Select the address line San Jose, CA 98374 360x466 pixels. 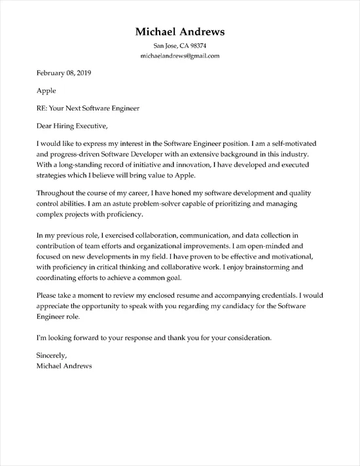click(180, 46)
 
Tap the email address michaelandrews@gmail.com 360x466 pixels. click(180, 56)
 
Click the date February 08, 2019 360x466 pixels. click(55, 75)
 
